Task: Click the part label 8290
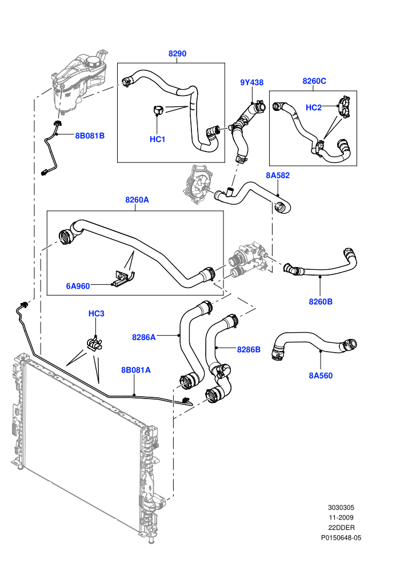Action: click(x=177, y=54)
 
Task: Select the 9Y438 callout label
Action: click(x=252, y=82)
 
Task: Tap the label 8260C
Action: click(x=314, y=81)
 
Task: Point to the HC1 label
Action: click(x=157, y=139)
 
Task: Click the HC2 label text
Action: click(x=314, y=107)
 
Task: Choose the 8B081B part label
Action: click(x=90, y=135)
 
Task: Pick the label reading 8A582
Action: click(x=278, y=176)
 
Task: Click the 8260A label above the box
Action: click(x=137, y=200)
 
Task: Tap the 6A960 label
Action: click(x=78, y=286)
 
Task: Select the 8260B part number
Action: click(x=321, y=301)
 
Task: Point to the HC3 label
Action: click(x=97, y=313)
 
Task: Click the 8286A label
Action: click(x=144, y=337)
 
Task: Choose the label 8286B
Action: click(x=249, y=349)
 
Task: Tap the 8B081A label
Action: click(x=135, y=370)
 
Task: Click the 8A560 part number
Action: click(x=321, y=376)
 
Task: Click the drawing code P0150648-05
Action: click(x=341, y=538)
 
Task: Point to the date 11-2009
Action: click(x=341, y=517)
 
